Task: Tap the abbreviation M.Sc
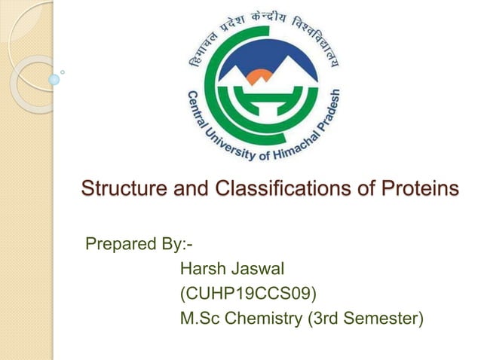coord(201,319)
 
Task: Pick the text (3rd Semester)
coord(365,319)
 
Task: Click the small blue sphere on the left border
coord(54,78)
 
